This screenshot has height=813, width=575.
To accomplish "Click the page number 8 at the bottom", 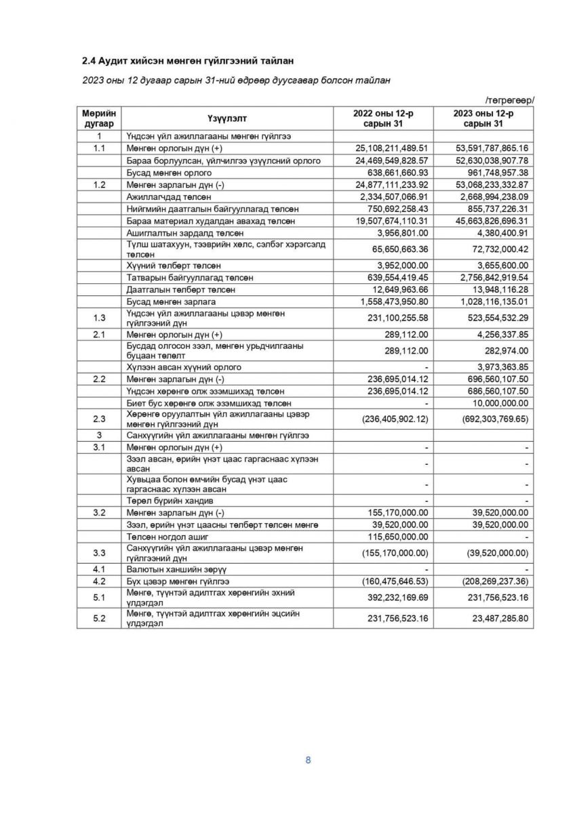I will [x=308, y=759].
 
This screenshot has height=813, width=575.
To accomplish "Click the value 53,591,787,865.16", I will [x=484, y=147].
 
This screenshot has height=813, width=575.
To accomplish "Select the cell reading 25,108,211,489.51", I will [x=383, y=147].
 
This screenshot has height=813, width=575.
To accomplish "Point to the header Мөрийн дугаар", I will [x=100, y=119].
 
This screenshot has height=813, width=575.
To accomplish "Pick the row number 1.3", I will [x=100, y=317].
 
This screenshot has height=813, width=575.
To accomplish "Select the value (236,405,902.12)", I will [x=385, y=419].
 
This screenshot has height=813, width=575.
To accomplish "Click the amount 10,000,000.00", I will [x=498, y=403].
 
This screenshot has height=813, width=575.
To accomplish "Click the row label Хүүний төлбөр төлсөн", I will [x=174, y=266].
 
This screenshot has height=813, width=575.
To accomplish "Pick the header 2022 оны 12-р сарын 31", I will [x=383, y=119].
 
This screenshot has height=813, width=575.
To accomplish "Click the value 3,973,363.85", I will [x=498, y=367].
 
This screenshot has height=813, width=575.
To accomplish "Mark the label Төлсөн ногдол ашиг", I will [x=169, y=536].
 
